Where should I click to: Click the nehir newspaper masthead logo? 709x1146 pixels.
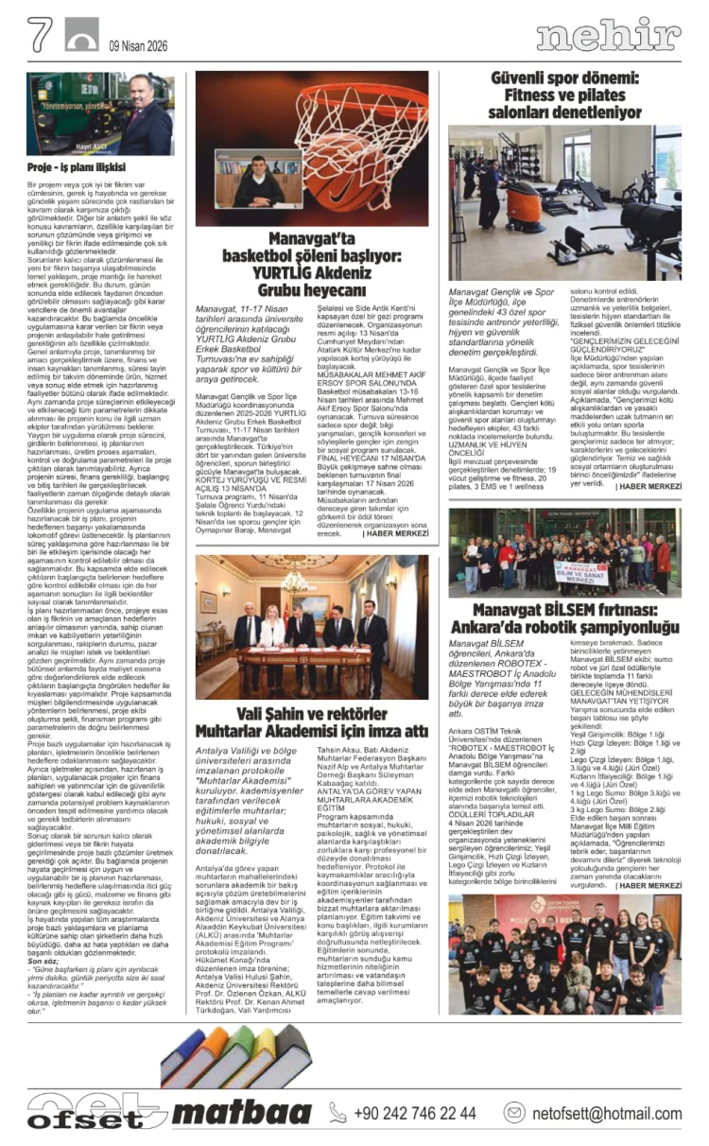pyautogui.click(x=608, y=36)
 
